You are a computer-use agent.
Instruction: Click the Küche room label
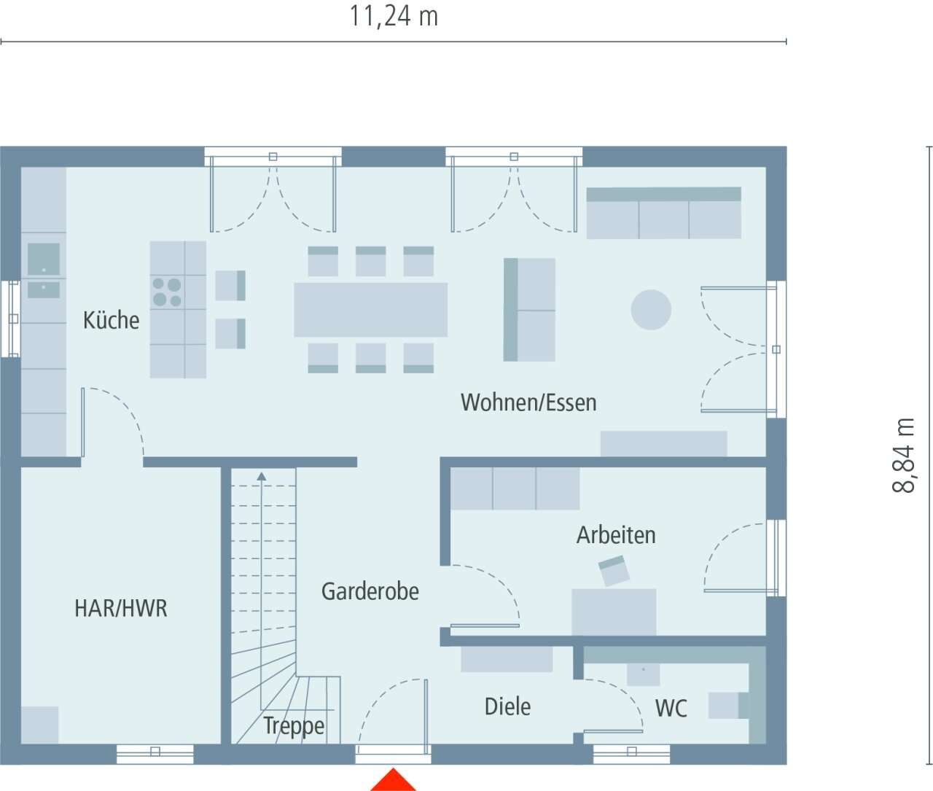(111, 320)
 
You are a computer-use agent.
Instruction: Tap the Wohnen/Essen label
(528, 402)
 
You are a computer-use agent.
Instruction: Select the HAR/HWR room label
(121, 608)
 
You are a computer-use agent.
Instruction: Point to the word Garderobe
(370, 591)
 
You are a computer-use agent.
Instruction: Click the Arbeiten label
(616, 535)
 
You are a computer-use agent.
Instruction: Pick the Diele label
(507, 706)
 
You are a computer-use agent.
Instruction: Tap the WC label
(671, 709)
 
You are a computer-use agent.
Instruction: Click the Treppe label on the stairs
(294, 726)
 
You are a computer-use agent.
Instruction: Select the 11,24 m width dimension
(394, 16)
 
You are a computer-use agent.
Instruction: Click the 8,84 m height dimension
(904, 456)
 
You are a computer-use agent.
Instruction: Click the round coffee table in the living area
(651, 310)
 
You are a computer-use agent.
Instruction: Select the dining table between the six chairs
(370, 310)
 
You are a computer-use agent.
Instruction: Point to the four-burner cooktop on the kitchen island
(167, 292)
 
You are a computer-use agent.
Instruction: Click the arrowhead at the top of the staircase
(262, 476)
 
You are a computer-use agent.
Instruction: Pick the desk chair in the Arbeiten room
(614, 570)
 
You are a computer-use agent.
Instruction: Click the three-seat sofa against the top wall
(663, 213)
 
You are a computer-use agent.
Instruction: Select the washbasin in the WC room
(643, 673)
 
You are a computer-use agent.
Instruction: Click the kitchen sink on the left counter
(44, 260)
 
